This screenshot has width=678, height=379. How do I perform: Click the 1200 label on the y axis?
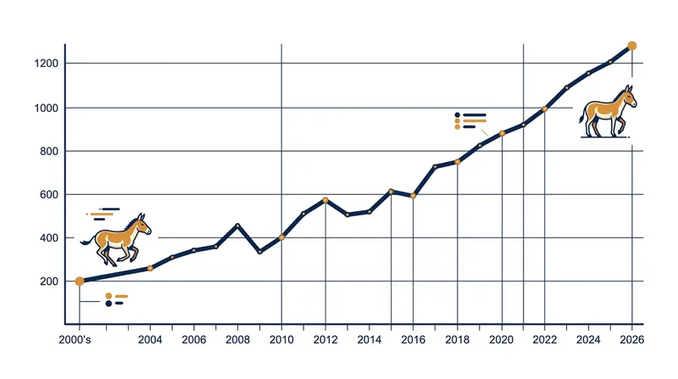(x=46, y=64)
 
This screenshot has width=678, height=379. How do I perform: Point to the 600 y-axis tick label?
(x=49, y=195)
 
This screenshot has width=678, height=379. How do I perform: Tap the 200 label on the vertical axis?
(x=49, y=281)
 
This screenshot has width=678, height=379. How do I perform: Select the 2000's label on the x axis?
(x=75, y=340)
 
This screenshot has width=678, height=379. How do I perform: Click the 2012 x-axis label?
(x=325, y=340)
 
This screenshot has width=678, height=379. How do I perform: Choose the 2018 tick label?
(x=457, y=340)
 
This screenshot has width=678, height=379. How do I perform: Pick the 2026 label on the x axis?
(x=631, y=340)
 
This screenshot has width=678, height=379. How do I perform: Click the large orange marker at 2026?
(x=631, y=46)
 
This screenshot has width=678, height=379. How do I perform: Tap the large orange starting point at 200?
(x=80, y=281)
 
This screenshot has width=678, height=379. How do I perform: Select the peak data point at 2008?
(x=237, y=226)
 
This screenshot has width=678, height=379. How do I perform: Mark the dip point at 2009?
(x=259, y=252)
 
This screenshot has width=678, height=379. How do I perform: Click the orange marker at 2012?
(x=325, y=200)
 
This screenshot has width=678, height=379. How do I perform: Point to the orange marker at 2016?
(x=413, y=196)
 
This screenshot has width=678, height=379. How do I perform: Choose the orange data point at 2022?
(x=544, y=109)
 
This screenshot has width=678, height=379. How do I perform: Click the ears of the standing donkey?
(x=629, y=89)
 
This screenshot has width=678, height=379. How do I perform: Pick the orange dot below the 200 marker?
(x=108, y=297)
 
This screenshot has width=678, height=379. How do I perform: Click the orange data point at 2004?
(x=150, y=268)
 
